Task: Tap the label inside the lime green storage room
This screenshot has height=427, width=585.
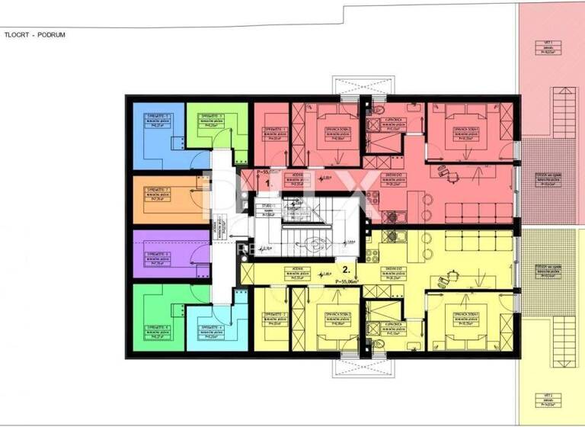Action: click(x=205, y=120)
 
